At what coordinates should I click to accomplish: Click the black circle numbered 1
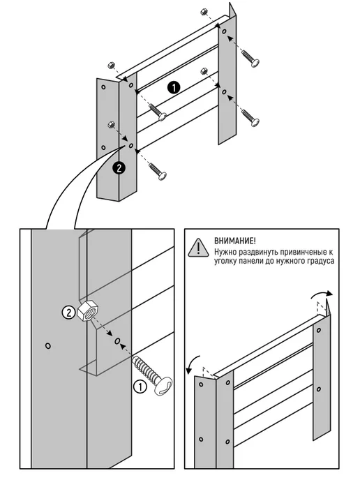(x=174, y=87)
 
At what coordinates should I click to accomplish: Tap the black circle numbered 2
(x=119, y=167)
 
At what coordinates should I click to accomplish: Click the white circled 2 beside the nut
(x=68, y=313)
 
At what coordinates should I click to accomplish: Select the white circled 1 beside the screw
(x=140, y=387)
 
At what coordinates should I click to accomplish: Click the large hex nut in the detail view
(x=87, y=310)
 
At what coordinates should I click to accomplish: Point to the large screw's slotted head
(x=163, y=386)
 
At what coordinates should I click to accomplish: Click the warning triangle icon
(x=198, y=248)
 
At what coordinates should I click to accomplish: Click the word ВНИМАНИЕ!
(x=235, y=241)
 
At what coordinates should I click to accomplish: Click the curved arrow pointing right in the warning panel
(x=322, y=294)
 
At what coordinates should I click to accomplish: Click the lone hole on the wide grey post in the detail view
(x=48, y=346)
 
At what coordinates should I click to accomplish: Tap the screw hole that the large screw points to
(x=117, y=340)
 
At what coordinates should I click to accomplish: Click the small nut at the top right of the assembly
(x=203, y=12)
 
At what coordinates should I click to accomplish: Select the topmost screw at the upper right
(x=250, y=59)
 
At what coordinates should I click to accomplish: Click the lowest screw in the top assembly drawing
(x=158, y=172)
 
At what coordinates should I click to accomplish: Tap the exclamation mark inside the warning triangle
(x=198, y=248)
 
